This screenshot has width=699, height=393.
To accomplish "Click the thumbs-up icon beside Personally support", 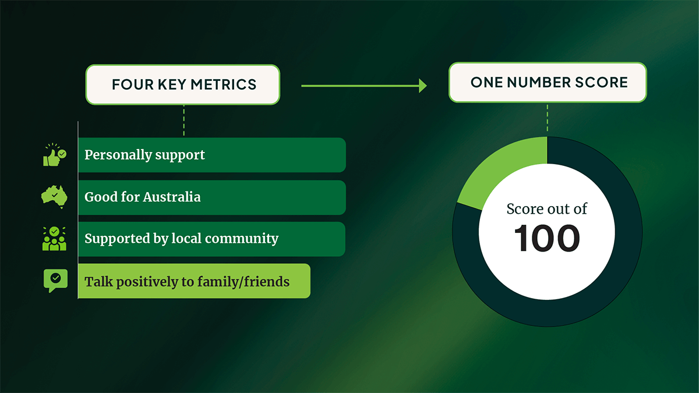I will coord(54,155).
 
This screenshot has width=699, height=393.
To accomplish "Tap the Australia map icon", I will coord(54,196).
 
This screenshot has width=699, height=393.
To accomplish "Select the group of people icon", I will coord(54,239).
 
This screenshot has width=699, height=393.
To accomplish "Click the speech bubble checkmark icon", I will coord(55,280).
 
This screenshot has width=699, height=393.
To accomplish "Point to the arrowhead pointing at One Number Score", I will coord(422,86).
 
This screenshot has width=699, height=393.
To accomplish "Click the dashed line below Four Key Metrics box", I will coord(183,120).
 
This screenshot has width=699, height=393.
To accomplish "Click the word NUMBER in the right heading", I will coord(541,82).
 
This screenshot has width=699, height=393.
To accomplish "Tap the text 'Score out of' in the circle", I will coord(547,208).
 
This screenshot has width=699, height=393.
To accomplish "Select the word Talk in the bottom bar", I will coord(98,282).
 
